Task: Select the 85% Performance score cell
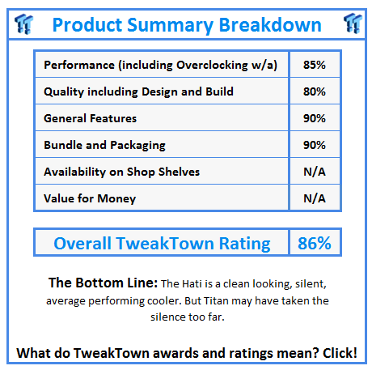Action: point(314,65)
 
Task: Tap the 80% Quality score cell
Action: point(314,91)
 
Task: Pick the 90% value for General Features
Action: point(314,118)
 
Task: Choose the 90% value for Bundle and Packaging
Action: point(314,145)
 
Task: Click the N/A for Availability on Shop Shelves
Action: point(314,171)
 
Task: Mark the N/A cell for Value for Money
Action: point(314,198)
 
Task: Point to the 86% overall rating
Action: point(314,243)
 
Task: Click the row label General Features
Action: point(90,118)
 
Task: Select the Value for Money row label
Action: point(90,198)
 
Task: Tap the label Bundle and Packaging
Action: point(104,145)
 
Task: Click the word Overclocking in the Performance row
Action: point(209,65)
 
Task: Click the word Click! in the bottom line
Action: point(337,353)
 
